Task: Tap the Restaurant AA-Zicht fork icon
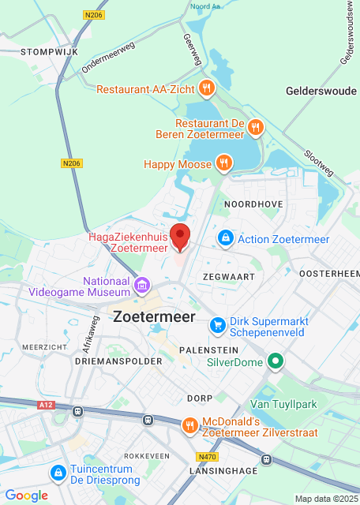coord(206,88)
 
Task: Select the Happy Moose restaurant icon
coord(224,164)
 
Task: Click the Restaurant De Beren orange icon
coord(254,126)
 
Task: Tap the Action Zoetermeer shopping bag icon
coord(225,238)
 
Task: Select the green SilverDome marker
coord(275,362)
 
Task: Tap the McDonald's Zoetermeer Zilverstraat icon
coord(189,426)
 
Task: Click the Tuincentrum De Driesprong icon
coord(58,473)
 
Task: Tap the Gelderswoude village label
coord(321,92)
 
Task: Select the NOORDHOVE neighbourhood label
coord(253,204)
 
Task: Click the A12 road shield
coord(47,406)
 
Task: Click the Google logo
coord(26,496)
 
